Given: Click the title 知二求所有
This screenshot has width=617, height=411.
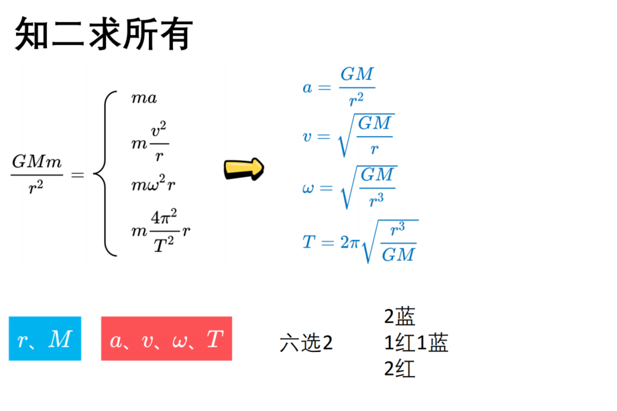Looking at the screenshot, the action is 104,34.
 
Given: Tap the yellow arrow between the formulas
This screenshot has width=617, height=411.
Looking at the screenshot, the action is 244,169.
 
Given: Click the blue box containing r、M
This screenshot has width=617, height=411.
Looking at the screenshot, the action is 45,339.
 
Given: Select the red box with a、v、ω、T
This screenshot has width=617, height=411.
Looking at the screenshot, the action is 166,339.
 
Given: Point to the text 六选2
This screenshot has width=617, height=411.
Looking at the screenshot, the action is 306,343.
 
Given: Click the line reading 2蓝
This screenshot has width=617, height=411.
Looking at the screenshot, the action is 400,316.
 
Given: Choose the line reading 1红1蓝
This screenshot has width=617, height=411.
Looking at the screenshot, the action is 416,343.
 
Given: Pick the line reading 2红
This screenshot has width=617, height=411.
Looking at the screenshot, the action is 400,369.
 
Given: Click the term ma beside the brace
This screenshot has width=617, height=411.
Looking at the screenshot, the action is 144,98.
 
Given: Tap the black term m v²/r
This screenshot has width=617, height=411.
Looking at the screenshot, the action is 150,141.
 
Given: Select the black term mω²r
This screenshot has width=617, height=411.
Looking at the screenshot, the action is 153,184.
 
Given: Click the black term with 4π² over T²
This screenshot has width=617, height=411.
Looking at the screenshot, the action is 160,231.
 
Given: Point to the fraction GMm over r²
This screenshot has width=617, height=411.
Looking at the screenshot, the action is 37,174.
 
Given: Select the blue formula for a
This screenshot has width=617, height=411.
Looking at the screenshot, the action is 339,87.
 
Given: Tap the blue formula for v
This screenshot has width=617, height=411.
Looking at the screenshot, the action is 348,135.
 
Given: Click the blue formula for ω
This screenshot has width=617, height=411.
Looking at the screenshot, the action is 349,188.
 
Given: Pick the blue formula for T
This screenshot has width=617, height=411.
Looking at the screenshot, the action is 360,241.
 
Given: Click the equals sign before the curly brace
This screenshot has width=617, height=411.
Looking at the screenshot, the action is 78,174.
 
